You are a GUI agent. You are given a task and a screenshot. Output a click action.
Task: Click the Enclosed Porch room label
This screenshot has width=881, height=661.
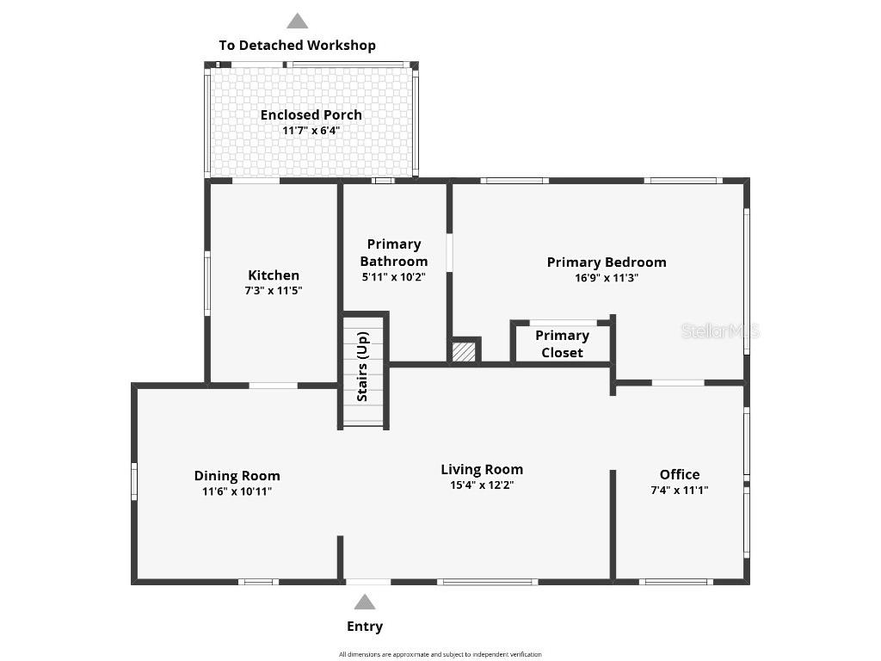point(311,114)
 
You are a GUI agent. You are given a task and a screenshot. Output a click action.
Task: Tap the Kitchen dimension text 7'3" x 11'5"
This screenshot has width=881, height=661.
point(273,291)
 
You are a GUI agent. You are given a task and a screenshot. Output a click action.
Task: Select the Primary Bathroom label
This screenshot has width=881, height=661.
point(393,252)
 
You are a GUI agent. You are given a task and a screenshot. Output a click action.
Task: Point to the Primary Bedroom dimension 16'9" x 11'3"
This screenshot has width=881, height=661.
point(607,278)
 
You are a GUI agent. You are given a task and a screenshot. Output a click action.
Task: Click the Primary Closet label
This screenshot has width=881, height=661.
point(562,343)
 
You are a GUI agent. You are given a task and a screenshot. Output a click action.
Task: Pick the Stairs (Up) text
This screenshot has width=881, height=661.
point(362,366)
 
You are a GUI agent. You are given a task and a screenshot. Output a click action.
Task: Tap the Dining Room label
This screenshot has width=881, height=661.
point(237,475)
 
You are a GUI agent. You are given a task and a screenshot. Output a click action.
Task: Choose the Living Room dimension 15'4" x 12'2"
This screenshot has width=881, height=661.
point(482,485)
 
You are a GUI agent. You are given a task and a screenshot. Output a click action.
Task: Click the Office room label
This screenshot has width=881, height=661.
point(680,474)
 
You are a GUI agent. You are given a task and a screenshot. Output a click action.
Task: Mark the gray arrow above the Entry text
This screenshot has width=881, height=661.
point(365,602)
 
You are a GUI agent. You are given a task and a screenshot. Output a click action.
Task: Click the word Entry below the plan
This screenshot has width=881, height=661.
point(365,627)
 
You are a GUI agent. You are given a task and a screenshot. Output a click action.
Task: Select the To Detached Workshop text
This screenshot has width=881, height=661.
point(297,45)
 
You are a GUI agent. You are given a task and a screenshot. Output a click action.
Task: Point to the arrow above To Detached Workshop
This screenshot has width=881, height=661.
point(297,21)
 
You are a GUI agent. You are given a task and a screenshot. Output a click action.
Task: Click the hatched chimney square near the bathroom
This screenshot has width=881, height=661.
point(464,351)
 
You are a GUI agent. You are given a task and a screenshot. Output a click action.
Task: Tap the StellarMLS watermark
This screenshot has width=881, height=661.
point(721,330)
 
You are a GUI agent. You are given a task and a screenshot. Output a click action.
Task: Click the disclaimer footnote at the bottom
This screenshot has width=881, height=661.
point(440,654)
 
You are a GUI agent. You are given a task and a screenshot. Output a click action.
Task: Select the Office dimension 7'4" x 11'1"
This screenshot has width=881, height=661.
point(680,490)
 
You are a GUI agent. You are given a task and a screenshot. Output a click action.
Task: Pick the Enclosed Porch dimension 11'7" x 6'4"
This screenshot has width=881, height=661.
point(311,131)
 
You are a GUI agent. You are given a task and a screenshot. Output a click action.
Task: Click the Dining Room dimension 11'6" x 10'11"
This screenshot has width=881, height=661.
point(237,491)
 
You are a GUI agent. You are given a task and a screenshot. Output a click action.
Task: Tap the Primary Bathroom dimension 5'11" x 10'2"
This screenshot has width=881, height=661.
point(393,277)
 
